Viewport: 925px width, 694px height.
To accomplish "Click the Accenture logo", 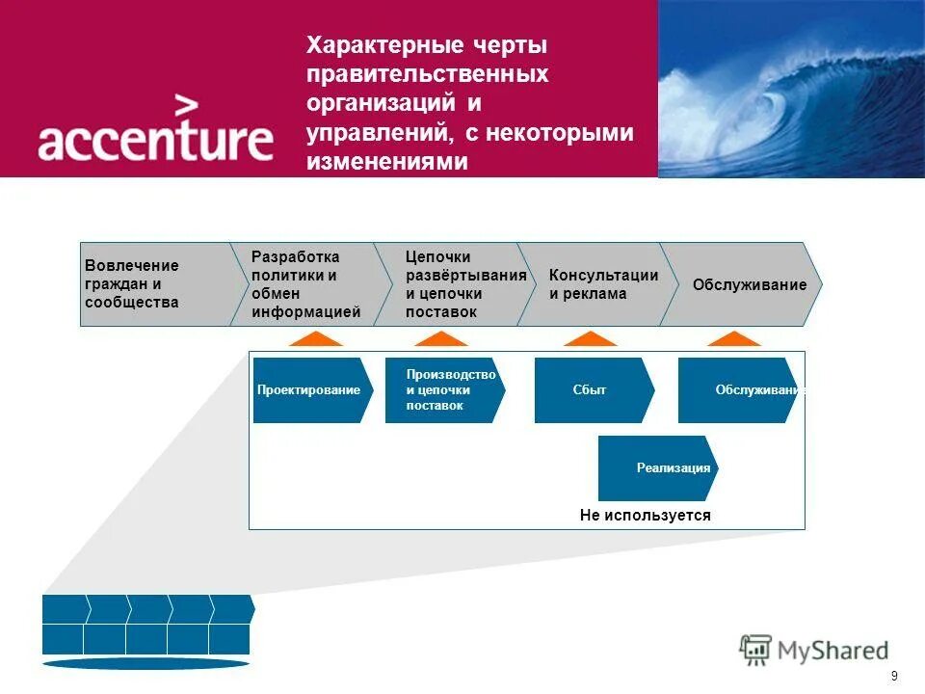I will click(x=155, y=129).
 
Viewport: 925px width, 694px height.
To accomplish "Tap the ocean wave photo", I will click(x=791, y=89).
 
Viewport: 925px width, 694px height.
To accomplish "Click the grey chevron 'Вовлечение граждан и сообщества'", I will click(x=154, y=284).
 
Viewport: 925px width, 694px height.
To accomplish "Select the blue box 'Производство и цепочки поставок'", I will click(x=443, y=390).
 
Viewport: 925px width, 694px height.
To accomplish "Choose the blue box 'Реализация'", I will click(x=655, y=467).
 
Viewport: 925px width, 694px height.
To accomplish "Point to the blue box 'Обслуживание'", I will click(x=737, y=390).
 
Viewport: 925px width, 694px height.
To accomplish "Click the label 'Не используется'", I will click(x=645, y=516).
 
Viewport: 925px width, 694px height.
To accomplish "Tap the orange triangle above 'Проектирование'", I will click(x=315, y=339).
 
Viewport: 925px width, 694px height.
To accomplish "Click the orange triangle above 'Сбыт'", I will click(x=590, y=339).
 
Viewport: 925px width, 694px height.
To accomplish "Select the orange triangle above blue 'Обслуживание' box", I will click(x=734, y=339).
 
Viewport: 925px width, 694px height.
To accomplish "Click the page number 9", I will click(x=895, y=675).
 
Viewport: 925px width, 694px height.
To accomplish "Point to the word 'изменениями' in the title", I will click(x=386, y=162).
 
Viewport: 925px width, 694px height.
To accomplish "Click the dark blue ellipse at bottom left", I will click(x=145, y=663).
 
